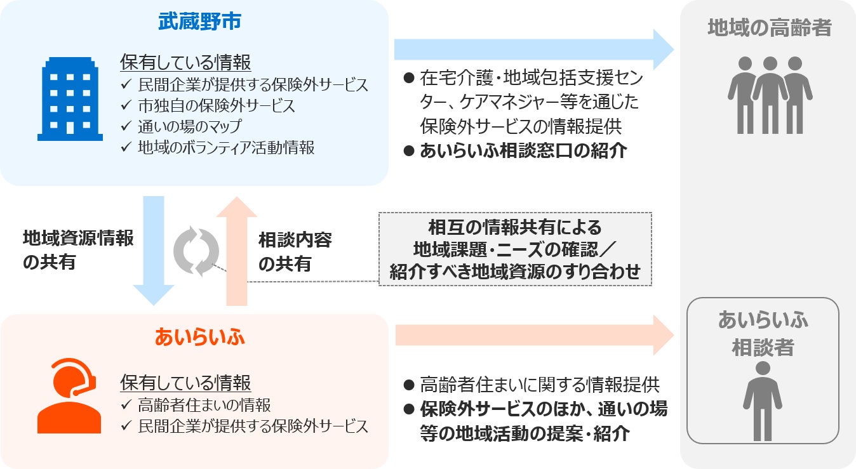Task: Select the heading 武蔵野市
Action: (199, 22)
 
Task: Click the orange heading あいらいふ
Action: (199, 337)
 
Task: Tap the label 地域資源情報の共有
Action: (78, 250)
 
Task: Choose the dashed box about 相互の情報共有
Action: (515, 249)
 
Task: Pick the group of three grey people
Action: (770, 95)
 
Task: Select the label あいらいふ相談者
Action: (763, 333)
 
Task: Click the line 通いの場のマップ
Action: (189, 126)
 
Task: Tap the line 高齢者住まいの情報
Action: (204, 405)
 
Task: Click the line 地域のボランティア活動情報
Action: (226, 148)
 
